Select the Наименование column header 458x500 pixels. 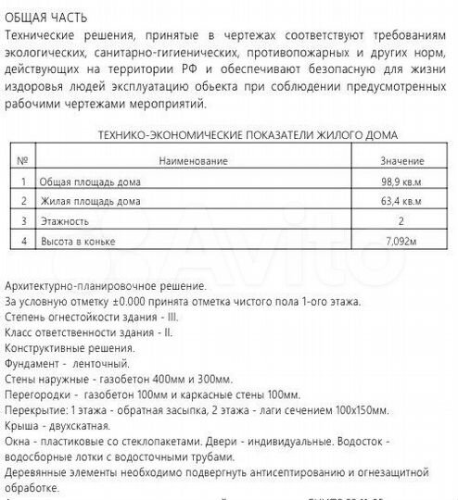coord(193,161)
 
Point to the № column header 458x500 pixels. coord(23,161)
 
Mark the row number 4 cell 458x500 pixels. coord(23,242)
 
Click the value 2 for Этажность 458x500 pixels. coord(401,221)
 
